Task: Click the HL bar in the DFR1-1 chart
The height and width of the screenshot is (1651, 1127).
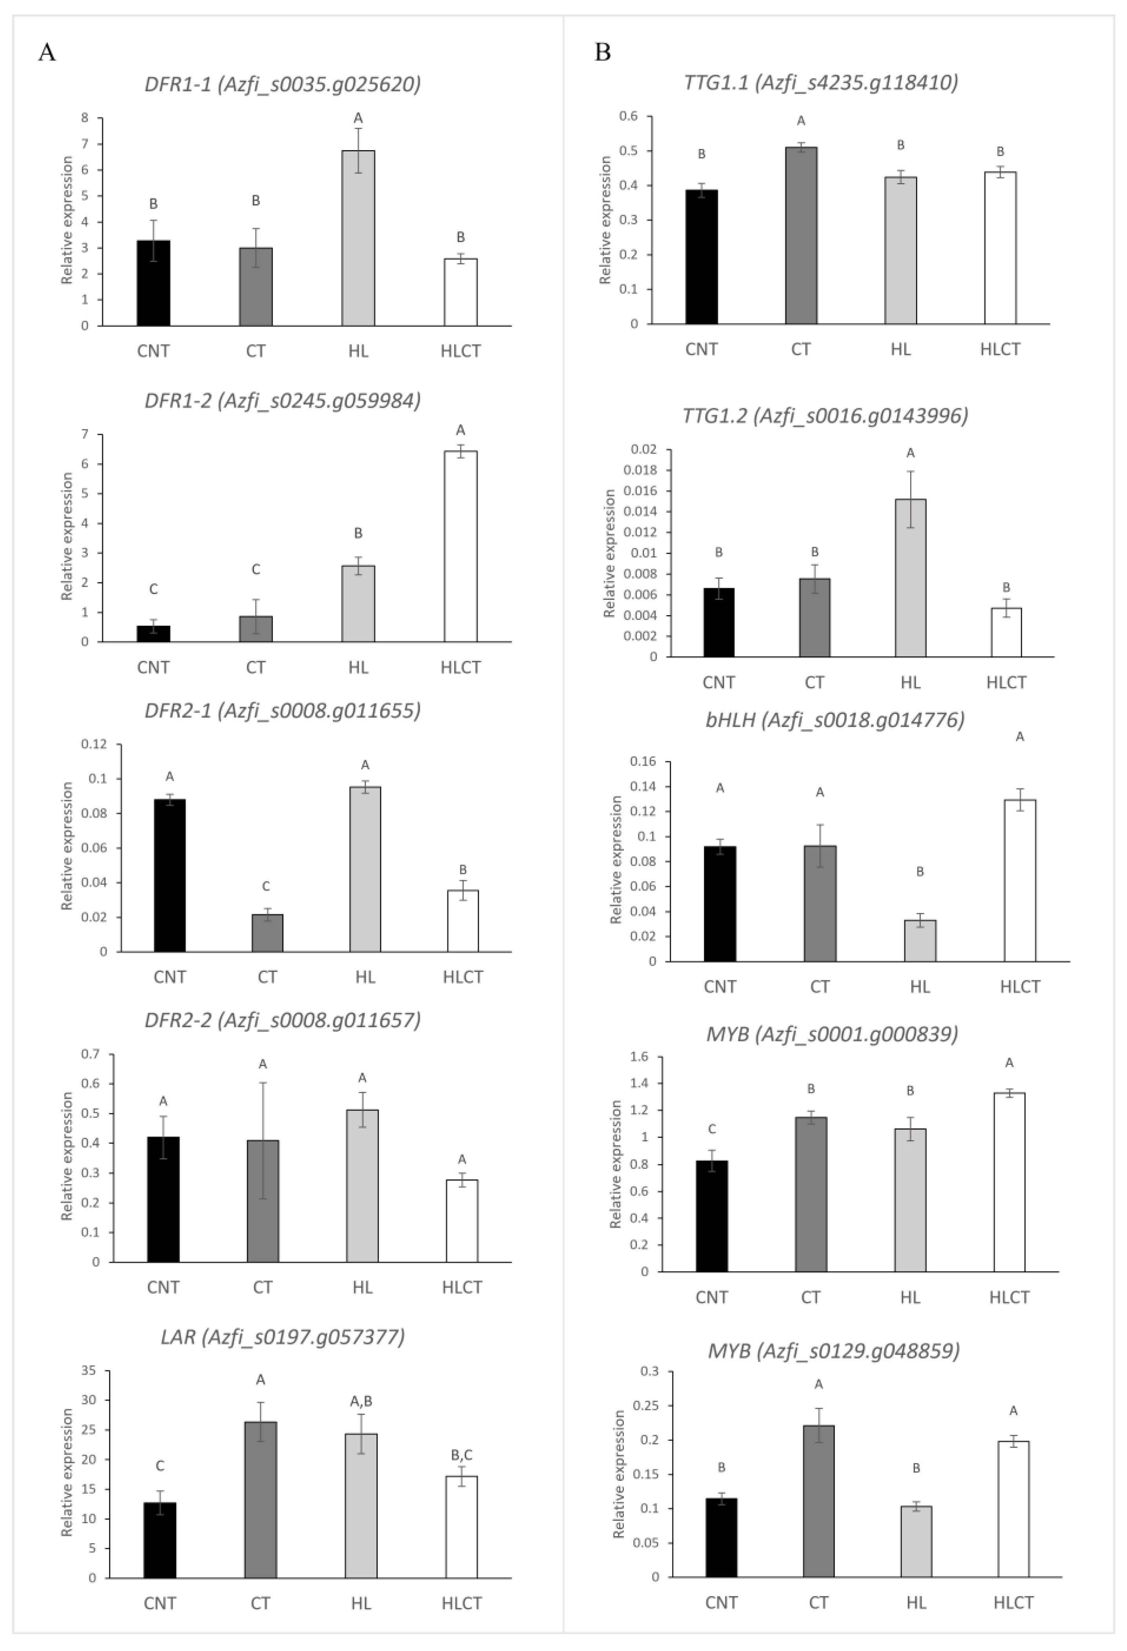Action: pyautogui.click(x=358, y=238)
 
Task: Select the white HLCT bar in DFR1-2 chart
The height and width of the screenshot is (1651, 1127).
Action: pyautogui.click(x=460, y=546)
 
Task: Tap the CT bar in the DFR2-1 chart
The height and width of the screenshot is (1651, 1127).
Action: pyautogui.click(x=267, y=933)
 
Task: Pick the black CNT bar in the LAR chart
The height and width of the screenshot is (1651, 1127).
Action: pyautogui.click(x=160, y=1540)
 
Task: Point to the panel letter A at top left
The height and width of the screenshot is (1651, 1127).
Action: pyautogui.click(x=47, y=53)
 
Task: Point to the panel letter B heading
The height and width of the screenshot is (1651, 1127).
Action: pyautogui.click(x=603, y=53)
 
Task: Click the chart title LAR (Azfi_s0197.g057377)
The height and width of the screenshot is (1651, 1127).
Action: pyautogui.click(x=283, y=1338)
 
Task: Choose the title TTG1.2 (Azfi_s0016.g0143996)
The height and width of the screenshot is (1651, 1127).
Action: pyautogui.click(x=825, y=416)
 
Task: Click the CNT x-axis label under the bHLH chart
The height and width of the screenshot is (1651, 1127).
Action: pyautogui.click(x=720, y=987)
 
